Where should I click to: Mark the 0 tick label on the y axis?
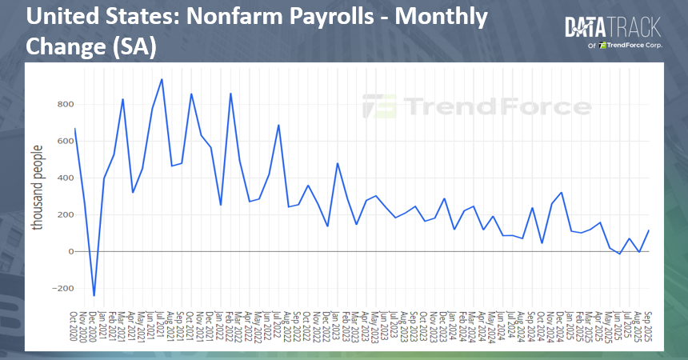click(x=70, y=251)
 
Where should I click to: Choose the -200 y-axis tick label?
click(x=61, y=288)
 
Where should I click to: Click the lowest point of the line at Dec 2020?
click(x=94, y=296)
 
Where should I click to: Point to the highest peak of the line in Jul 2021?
click(x=162, y=79)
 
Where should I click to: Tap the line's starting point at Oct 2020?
click(x=75, y=128)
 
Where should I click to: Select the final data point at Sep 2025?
click(x=649, y=230)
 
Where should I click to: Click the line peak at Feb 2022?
click(x=230, y=94)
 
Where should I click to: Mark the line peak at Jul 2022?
click(x=278, y=125)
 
